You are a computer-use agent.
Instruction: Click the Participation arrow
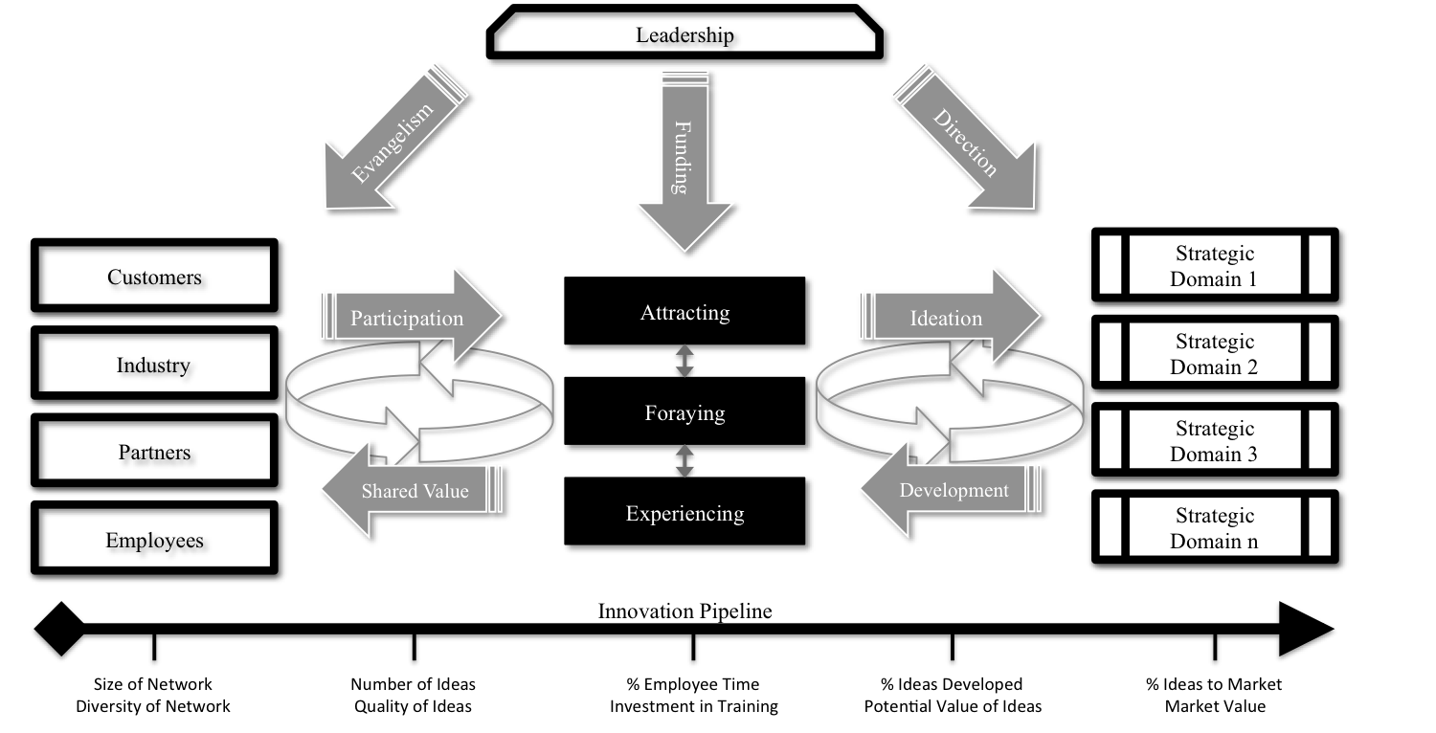pos(407,319)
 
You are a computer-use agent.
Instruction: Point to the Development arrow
pos(953,491)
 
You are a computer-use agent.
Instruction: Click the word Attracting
pos(684,313)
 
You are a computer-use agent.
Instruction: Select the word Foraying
pos(684,413)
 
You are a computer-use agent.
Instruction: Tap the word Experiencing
pos(684,514)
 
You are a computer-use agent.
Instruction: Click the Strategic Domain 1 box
pos(1214,265)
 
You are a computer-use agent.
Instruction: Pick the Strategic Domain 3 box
pos(1214,439)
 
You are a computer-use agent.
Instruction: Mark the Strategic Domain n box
pos(1214,526)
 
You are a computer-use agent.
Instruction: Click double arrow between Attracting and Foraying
pos(684,363)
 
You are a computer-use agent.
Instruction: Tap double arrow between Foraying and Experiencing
pos(684,461)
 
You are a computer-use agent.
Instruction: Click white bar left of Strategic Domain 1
pos(1110,265)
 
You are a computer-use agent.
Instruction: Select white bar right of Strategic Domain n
pos(1319,526)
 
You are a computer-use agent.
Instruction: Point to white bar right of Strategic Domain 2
pos(1319,352)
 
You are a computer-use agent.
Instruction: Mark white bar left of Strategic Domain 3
pos(1110,439)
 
